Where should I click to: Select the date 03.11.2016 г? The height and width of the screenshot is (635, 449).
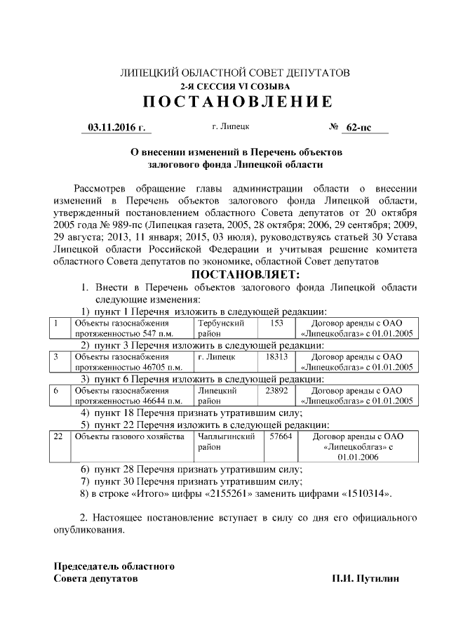pos(116,128)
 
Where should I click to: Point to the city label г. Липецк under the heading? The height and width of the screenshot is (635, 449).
pos(230,127)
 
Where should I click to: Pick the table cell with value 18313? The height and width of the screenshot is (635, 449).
pos(276,356)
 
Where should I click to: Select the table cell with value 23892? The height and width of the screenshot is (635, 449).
pos(276,390)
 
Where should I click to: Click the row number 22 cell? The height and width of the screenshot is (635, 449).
pos(59,436)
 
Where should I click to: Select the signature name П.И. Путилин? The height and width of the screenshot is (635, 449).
pos(366,579)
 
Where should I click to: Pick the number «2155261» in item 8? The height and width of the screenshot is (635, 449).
pos(226,494)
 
